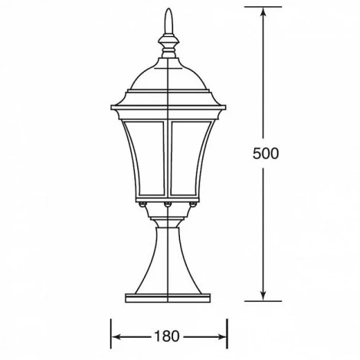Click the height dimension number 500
(x=265, y=152)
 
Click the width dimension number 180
(x=170, y=335)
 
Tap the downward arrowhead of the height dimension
(x=264, y=295)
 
